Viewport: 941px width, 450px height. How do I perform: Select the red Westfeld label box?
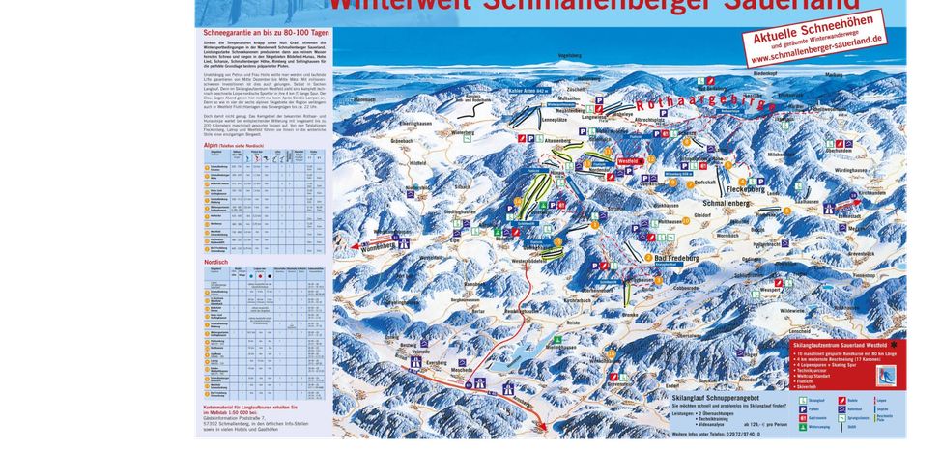(629, 161)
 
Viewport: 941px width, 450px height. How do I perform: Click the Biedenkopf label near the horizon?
(791, 72)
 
